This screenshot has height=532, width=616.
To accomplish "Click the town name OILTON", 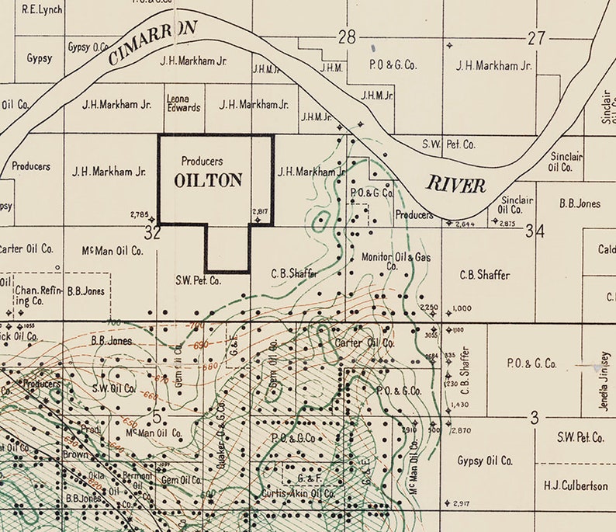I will (x=208, y=180).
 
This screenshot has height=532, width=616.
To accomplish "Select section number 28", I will (x=346, y=37).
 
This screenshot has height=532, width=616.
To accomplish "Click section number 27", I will (x=536, y=37).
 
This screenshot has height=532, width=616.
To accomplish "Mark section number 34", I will (x=535, y=231).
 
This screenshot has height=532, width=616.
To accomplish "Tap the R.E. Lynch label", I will (x=42, y=9).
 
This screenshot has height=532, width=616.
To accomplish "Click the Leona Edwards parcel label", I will (x=184, y=103).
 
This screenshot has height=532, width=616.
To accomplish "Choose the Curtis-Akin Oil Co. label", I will (x=298, y=493).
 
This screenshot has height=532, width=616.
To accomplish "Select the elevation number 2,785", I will (x=140, y=214).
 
